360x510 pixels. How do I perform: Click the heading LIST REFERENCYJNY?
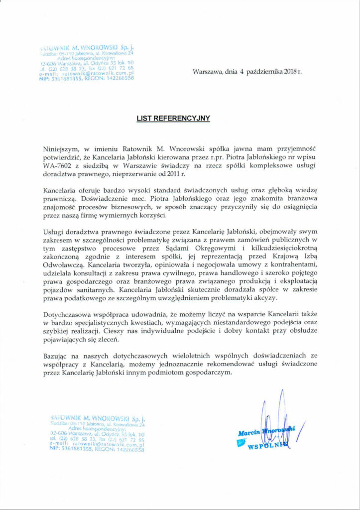click(174, 119)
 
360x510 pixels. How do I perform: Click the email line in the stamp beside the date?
click(89, 74)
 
